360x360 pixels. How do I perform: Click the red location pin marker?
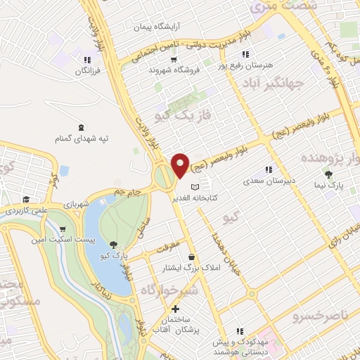[181, 166]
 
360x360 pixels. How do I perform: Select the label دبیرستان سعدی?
[266, 181]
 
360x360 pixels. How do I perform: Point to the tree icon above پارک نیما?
[328, 174]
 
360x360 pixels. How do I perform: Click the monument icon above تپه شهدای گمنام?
[82, 127]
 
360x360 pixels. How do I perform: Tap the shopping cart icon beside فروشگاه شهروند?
[152, 70]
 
